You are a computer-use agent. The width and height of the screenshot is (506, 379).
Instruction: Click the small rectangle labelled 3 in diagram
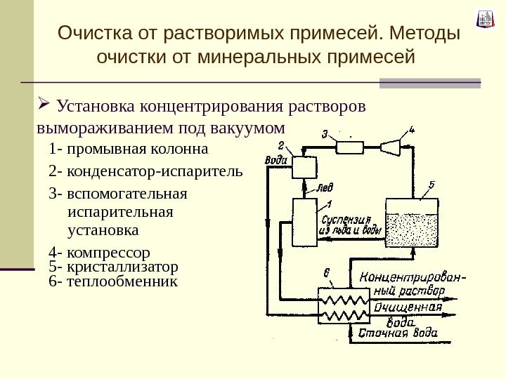pyautogui.click(x=348, y=146)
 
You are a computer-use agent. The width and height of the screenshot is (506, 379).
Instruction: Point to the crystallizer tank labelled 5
pyautogui.click(x=412, y=221)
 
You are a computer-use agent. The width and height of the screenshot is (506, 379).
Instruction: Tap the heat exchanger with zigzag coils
pyautogui.click(x=344, y=306)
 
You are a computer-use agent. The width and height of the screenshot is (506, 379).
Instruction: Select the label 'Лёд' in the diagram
pyautogui.click(x=324, y=188)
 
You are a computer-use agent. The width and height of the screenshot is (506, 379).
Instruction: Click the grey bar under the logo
pyautogui.click(x=430, y=83)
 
